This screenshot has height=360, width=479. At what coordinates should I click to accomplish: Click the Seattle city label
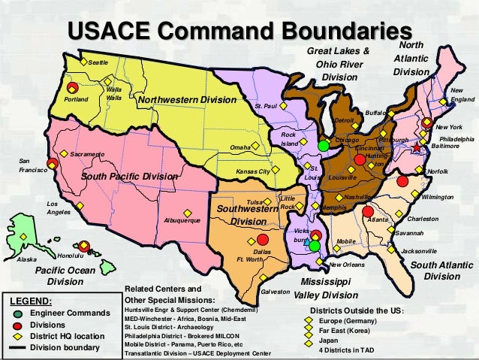pos(98,62)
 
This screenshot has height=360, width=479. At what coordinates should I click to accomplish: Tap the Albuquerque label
pos(182,221)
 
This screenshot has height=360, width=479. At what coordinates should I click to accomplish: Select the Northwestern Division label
pos(187,100)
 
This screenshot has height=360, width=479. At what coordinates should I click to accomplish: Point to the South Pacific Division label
pos(129,176)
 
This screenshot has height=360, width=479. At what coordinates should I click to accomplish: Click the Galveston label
pos(275,291)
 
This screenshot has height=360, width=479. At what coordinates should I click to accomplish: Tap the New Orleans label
pos(348,265)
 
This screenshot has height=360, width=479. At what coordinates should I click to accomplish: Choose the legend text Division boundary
pos(65,348)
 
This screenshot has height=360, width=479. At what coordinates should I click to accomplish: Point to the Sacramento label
pos(87,153)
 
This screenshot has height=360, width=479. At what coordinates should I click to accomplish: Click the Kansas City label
pos(252,171)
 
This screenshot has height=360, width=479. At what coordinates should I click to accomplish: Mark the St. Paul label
pos(267,107)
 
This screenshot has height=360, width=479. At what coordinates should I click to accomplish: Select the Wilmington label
pos(438,197)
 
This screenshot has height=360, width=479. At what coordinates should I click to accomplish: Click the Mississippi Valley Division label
pos(325,289)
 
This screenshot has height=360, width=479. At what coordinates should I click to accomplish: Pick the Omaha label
pos(239,147)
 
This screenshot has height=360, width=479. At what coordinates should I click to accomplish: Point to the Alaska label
pos(26,259)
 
